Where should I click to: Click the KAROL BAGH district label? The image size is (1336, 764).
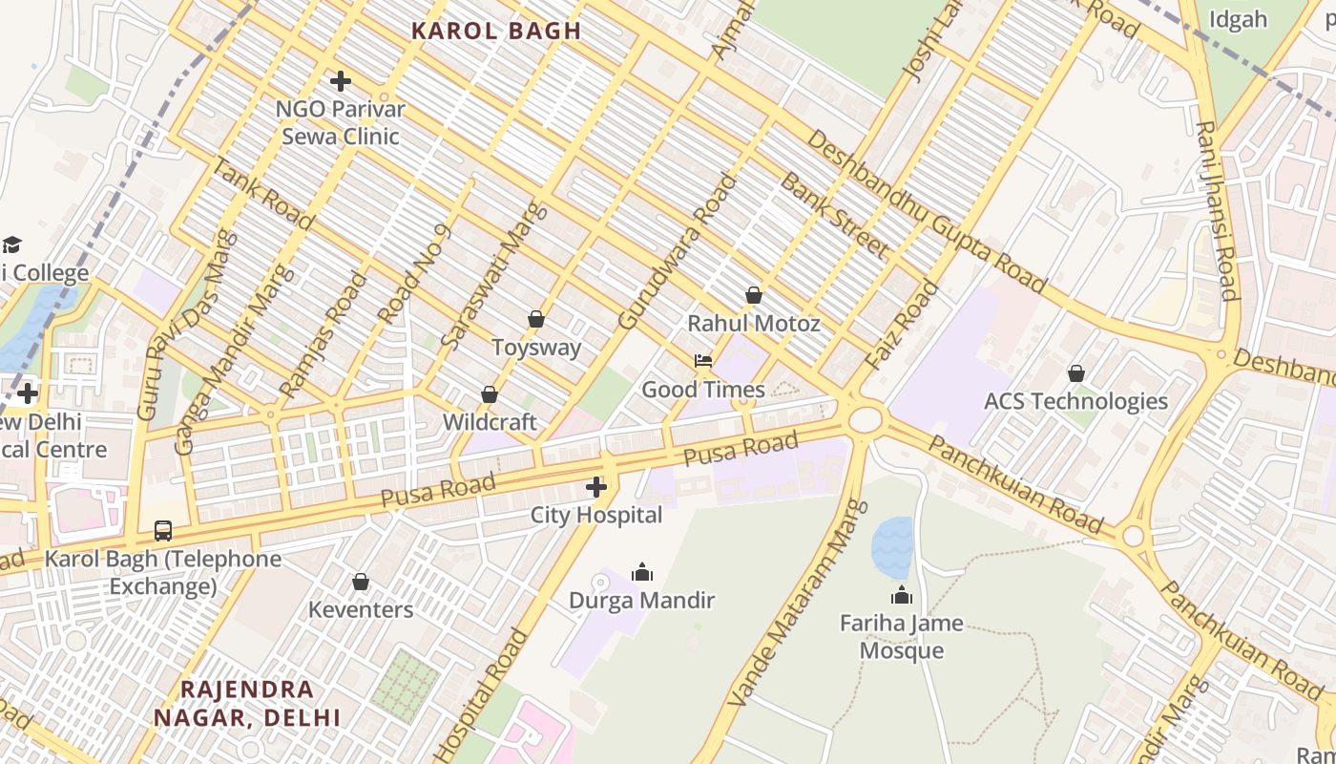coord(496,31)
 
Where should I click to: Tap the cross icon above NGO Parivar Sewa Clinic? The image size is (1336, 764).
coord(341,81)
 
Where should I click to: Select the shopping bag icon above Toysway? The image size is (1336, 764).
coord(536,319)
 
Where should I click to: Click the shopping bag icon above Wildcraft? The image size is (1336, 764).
coord(490,394)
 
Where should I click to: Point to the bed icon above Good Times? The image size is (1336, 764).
coord(703,361)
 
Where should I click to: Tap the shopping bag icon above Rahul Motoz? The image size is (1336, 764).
coord(754,295)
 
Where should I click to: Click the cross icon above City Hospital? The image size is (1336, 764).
coord(596,488)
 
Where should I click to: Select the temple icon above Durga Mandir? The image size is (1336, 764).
coord(642,572)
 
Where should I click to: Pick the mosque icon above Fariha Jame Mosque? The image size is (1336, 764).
coord(902,596)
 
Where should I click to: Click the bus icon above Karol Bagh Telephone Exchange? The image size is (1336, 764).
coord(163,531)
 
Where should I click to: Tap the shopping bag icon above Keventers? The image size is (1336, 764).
coord(361,582)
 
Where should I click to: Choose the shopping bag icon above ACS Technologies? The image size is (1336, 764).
coord(1076,373)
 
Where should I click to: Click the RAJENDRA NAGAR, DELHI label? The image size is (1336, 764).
coord(247,703)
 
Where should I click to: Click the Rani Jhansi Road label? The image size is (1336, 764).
coord(1217,210)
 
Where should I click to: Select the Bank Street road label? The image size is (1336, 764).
coord(834,215)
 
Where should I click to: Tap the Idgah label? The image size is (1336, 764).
coord(1238,19)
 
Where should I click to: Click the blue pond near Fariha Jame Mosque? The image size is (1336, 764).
coord(892,547)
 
